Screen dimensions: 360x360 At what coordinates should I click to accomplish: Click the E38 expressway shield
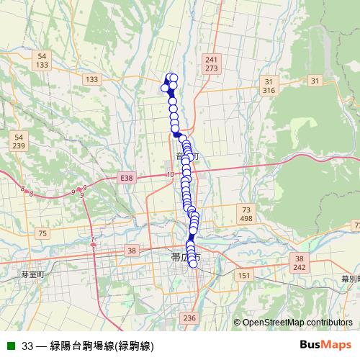point(127,177)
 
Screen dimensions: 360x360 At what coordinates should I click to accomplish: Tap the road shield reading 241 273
point(211,64)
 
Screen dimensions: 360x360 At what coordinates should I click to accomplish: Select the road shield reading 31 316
point(269,86)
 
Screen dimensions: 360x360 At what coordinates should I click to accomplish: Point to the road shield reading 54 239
point(19,141)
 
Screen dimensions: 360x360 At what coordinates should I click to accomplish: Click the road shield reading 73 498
point(246,213)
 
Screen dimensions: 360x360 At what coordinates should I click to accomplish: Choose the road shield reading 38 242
point(300,262)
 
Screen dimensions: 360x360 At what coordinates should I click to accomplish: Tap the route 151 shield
point(245,275)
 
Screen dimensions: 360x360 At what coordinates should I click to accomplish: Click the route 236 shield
point(189,318)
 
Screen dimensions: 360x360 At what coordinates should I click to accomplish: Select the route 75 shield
point(42,233)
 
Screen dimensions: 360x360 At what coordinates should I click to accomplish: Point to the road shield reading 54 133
point(42,60)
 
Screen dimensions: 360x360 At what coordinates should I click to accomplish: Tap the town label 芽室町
point(32,274)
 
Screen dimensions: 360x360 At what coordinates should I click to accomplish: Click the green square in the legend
point(11,346)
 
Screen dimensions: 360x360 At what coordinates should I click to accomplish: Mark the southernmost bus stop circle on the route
point(193,264)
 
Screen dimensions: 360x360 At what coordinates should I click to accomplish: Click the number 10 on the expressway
point(170,174)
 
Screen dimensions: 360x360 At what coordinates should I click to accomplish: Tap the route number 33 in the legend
point(28,346)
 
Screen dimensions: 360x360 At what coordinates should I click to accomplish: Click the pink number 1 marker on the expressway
point(93,239)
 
